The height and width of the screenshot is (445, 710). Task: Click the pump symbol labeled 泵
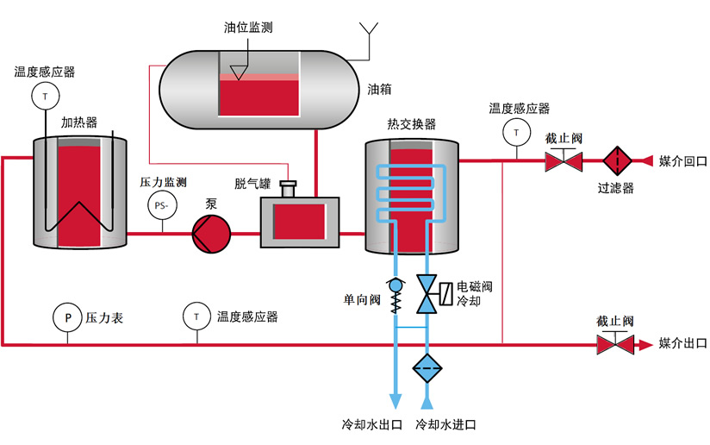click(211, 234)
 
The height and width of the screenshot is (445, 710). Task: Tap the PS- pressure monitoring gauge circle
click(162, 205)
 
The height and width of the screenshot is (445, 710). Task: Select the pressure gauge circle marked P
click(67, 317)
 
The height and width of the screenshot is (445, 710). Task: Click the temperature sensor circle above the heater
click(46, 96)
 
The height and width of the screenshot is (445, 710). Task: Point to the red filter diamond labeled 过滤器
click(617, 160)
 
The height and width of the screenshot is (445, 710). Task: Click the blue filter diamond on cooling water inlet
click(427, 368)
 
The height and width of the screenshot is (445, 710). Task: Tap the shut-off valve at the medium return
click(564, 160)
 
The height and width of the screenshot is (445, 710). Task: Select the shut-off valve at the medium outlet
click(615, 343)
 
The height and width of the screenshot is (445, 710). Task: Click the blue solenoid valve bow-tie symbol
click(427, 294)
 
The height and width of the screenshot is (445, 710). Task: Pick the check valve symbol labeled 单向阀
click(395, 295)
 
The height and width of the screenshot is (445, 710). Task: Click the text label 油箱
click(379, 90)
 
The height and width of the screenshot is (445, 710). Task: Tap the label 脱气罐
click(252, 184)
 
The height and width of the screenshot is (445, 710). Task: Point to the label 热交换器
click(411, 123)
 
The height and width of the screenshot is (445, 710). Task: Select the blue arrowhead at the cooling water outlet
click(395, 401)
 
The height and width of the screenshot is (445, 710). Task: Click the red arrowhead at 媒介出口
click(645, 345)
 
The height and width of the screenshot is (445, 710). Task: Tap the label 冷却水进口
click(445, 424)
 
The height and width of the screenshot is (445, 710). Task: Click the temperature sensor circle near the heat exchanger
click(517, 133)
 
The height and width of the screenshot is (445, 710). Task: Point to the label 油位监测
click(248, 28)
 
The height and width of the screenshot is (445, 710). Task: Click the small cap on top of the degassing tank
click(288, 189)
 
